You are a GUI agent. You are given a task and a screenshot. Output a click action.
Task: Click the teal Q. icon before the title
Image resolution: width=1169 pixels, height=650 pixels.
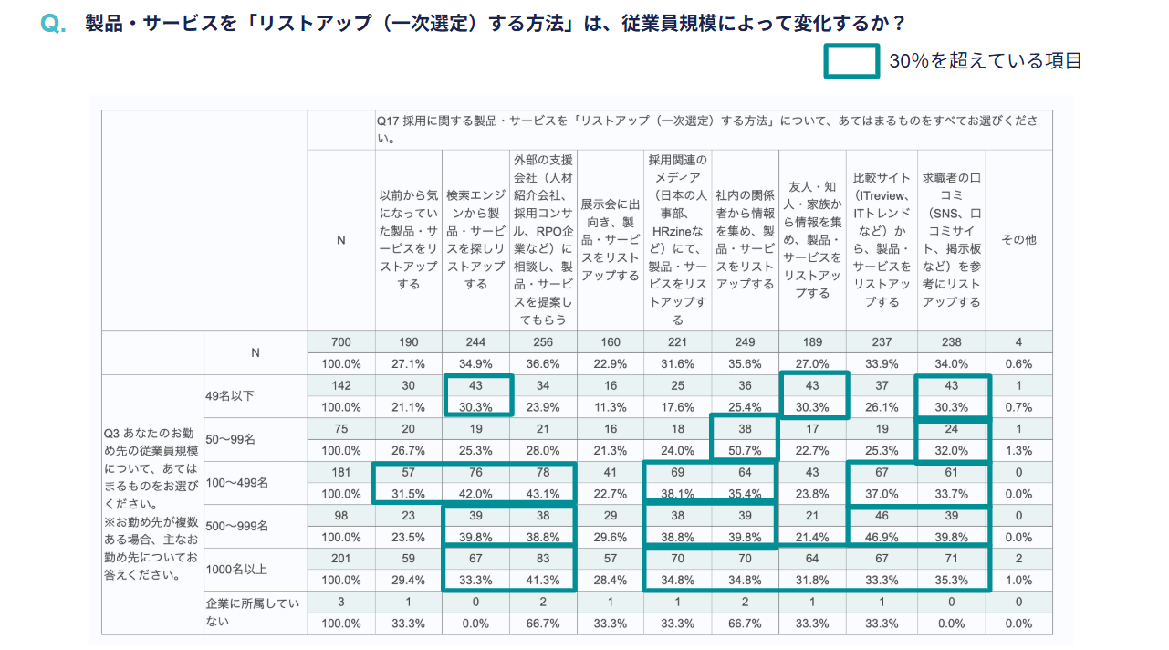(53, 25)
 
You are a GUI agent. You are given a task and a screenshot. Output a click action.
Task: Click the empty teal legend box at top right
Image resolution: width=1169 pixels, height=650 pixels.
(851, 61)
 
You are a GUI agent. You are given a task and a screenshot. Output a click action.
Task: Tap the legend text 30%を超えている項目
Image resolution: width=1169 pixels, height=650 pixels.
(985, 61)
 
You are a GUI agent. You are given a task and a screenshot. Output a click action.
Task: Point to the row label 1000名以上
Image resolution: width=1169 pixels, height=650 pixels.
(236, 570)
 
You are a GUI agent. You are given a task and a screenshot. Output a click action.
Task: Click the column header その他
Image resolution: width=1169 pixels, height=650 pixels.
(1018, 240)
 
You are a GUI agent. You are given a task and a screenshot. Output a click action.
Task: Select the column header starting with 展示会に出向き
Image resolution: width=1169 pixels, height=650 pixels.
(610, 240)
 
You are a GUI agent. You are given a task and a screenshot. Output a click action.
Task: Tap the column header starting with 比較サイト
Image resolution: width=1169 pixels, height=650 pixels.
(882, 240)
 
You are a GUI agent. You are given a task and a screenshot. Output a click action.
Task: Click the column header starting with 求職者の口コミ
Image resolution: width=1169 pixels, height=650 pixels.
(951, 240)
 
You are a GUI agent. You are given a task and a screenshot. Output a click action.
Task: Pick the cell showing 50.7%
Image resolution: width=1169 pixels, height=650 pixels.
(745, 450)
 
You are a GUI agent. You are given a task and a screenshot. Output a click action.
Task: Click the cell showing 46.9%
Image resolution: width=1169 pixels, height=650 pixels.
(882, 537)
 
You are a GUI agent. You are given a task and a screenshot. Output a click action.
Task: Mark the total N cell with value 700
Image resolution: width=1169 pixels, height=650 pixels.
(340, 342)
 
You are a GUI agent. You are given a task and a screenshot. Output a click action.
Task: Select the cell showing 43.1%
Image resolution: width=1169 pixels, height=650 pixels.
(543, 494)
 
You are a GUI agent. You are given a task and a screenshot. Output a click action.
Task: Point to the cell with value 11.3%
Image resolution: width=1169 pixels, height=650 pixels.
(610, 407)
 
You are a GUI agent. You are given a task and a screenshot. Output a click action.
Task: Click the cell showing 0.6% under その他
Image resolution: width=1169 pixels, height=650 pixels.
(1018, 363)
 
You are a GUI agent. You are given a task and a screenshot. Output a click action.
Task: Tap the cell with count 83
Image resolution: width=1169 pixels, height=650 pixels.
(543, 559)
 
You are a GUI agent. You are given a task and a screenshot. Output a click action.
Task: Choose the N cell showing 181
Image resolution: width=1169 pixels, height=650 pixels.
(340, 472)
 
